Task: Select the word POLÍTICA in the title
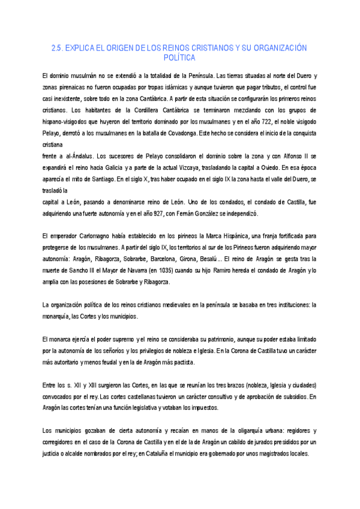point(179,58)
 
